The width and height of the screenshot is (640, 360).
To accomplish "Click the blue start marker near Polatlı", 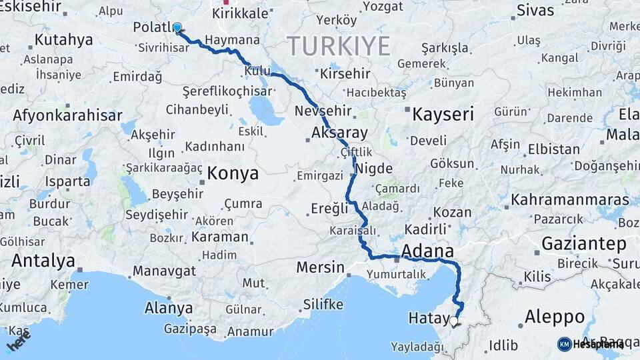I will pyautogui.click(x=177, y=27).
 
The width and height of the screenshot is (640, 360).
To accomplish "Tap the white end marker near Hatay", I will pyautogui.click(x=454, y=321).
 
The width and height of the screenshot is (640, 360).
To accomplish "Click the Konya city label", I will pyautogui.click(x=233, y=173).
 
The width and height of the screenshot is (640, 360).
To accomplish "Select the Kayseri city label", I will pyautogui.click(x=443, y=114).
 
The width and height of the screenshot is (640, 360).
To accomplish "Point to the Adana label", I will pyautogui.click(x=427, y=251).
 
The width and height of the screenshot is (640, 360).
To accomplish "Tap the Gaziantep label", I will pyautogui.click(x=583, y=243).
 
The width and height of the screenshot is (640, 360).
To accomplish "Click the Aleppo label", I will pyautogui.click(x=555, y=316).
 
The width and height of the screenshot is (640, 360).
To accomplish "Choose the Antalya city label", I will pyautogui.click(x=43, y=261).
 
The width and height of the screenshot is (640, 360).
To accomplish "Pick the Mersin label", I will pyautogui.click(x=320, y=268).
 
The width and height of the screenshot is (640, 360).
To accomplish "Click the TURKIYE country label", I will pyautogui.click(x=339, y=46).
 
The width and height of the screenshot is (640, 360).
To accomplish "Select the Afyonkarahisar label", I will pyautogui.click(x=67, y=115).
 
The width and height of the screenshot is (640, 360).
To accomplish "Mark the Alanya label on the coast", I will pyautogui.click(x=169, y=308).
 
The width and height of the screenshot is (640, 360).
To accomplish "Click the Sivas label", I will pyautogui.click(x=535, y=11).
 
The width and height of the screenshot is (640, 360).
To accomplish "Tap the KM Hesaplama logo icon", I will pyautogui.click(x=564, y=344).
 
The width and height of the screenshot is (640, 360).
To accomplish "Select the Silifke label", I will pyautogui.click(x=323, y=305).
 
